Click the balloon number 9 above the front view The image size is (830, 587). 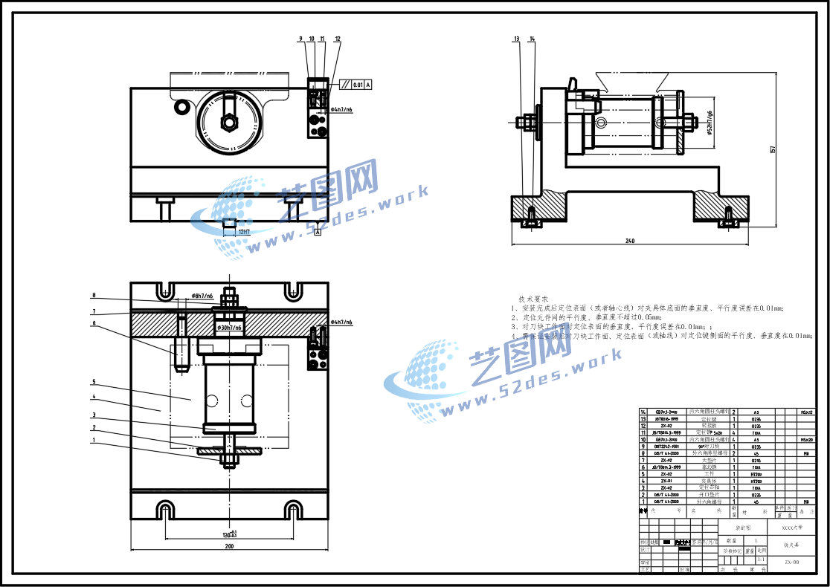tap(301, 38)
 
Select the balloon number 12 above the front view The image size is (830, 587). tap(338, 38)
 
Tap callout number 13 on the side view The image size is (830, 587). tap(516, 38)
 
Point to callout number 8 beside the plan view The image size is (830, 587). tap(94, 295)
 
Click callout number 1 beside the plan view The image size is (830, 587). tap(94, 441)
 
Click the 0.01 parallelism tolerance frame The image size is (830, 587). tap(358, 85)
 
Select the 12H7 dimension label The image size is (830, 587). tap(244, 232)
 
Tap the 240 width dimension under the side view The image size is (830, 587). tap(630, 241)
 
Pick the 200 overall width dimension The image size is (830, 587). tap(229, 547)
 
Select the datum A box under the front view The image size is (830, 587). tap(318, 233)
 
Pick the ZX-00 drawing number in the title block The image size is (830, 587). tap(791, 562)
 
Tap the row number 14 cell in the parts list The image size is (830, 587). tap(643, 411)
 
